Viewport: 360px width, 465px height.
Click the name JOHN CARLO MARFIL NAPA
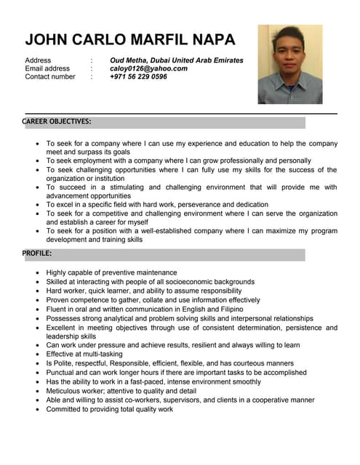coord(131,39)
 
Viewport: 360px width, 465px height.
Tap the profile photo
coord(290,64)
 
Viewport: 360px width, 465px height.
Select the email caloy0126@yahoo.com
coord(148,68)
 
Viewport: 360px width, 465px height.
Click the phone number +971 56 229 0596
coord(138,76)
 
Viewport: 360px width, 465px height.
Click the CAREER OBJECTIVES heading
coord(56,121)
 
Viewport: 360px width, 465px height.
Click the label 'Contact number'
coord(50,76)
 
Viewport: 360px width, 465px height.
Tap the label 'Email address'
coord(47,68)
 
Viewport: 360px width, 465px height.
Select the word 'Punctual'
coord(61,373)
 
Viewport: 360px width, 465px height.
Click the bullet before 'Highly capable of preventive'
coord(38,273)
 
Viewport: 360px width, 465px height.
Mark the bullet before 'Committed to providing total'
coord(38,410)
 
